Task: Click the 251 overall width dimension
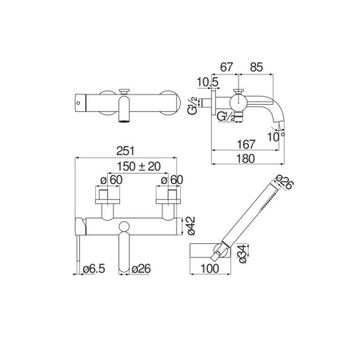[x=126, y=151]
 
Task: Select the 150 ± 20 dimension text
[x=139, y=166]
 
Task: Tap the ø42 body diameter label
[x=191, y=226]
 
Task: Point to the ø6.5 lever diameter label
[x=94, y=269]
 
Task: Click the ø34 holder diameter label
[x=242, y=254]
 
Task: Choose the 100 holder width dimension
[x=210, y=269]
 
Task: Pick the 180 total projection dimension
[x=246, y=158]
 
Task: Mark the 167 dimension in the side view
[x=246, y=145]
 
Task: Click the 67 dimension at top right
[x=226, y=67]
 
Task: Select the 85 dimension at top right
[x=256, y=67]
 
